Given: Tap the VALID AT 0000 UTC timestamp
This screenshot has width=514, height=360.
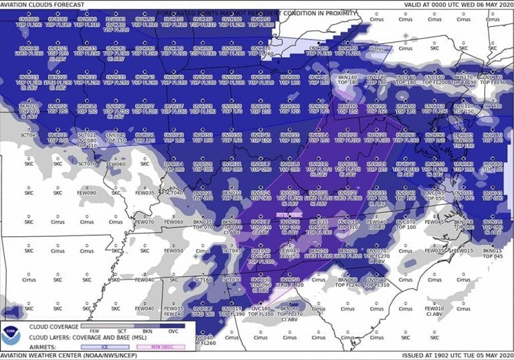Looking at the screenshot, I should coord(455,4).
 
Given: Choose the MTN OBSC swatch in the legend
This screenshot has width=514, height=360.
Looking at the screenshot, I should coord(159,347).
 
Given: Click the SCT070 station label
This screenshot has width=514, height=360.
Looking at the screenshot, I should coord(86,164).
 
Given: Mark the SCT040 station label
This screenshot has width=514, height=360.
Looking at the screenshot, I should coord(173,193).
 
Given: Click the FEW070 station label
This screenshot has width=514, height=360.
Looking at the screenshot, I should coord(144,221).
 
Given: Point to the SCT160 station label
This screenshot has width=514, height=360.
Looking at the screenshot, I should coord(203,279).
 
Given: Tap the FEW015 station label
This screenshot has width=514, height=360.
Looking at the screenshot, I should coord(466,250).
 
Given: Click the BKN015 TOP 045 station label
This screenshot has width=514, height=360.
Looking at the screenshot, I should coord(493,253).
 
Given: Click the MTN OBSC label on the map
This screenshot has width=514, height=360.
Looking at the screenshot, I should coord(289,215).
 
